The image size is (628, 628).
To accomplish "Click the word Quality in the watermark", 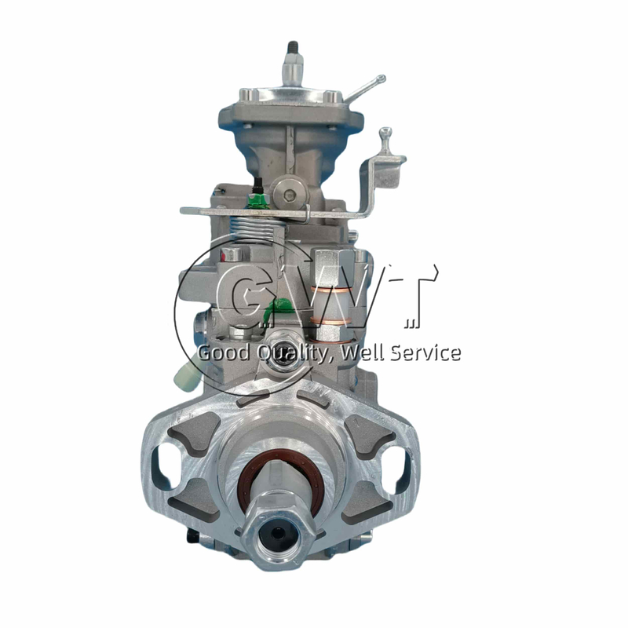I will point(292,353).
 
